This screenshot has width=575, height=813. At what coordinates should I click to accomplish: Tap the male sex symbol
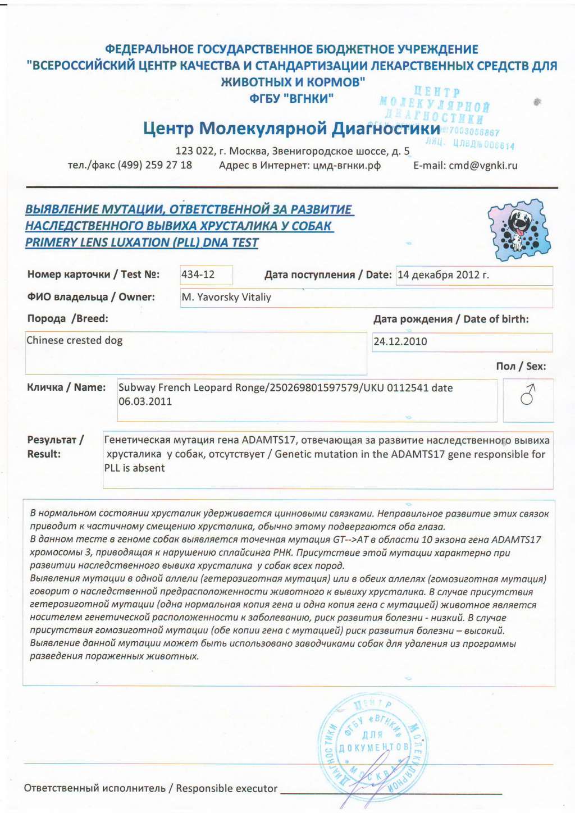[528, 395]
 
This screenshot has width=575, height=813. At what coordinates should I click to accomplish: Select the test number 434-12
[198, 275]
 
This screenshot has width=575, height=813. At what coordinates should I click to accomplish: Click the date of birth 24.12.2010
[400, 341]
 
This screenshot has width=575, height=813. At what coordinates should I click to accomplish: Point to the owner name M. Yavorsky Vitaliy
[226, 298]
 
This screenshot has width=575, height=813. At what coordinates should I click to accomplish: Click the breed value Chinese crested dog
[75, 340]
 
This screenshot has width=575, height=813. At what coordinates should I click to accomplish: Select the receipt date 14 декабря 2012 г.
[443, 275]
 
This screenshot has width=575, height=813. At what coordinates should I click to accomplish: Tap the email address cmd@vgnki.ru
[483, 166]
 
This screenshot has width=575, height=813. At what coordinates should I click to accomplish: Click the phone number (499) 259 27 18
[154, 165]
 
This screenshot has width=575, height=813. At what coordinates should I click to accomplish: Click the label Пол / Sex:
[521, 366]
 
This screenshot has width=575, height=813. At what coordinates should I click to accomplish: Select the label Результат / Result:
[55, 447]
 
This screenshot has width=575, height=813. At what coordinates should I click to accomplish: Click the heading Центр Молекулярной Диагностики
[291, 129]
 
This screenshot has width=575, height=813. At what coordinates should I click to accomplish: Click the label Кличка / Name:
[66, 387]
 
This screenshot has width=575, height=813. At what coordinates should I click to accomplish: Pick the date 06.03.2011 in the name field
[145, 402]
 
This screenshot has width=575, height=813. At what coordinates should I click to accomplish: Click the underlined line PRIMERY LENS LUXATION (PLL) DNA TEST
[142, 243]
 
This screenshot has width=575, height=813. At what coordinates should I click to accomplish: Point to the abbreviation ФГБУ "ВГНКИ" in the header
[291, 98]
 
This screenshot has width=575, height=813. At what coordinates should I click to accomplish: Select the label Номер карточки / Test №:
[93, 275]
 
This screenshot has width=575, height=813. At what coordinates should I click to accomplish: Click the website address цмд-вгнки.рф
[346, 166]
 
